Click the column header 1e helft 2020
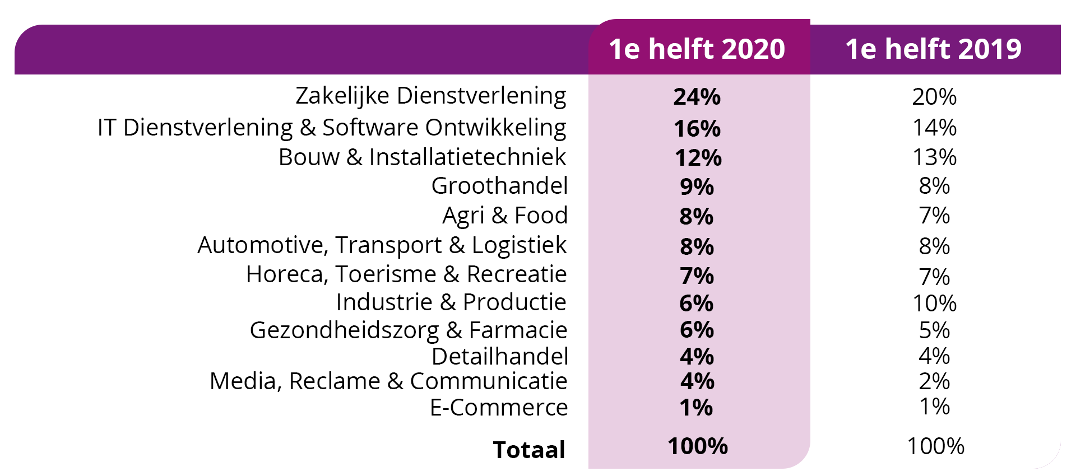pyautogui.click(x=697, y=49)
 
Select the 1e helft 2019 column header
pyautogui.click(x=933, y=49)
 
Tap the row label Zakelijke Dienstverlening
pyautogui.click(x=430, y=96)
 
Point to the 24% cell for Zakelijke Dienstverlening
pyautogui.click(x=697, y=97)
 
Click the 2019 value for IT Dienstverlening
pyautogui.click(x=934, y=128)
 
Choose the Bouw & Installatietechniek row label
pyautogui.click(x=422, y=157)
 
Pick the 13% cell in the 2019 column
pyautogui.click(x=934, y=157)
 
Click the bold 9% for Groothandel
pyautogui.click(x=697, y=186)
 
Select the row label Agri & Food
pyautogui.click(x=505, y=216)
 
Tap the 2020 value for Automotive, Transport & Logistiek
pyautogui.click(x=697, y=246)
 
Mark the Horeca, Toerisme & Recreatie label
pyautogui.click(x=406, y=274)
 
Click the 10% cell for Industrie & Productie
pyautogui.click(x=934, y=304)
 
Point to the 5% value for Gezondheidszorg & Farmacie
pyautogui.click(x=934, y=330)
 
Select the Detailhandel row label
pyautogui.click(x=499, y=357)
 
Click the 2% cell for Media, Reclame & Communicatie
pyautogui.click(x=934, y=381)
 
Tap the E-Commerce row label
pyautogui.click(x=499, y=408)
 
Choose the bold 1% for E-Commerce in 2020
pyautogui.click(x=696, y=408)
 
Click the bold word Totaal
pyautogui.click(x=529, y=450)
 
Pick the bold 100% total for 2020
pyautogui.click(x=697, y=446)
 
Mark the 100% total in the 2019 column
pyautogui.click(x=935, y=446)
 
